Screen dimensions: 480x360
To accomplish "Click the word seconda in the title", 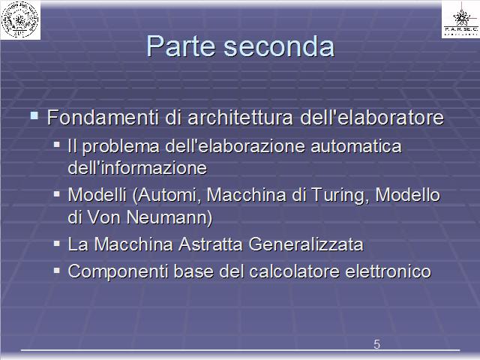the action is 279,46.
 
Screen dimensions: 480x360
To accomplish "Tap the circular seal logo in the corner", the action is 20,19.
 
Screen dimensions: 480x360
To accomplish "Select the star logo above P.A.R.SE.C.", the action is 462,16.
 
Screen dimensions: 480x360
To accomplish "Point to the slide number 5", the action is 376,344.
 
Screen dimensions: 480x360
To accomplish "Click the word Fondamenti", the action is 103,117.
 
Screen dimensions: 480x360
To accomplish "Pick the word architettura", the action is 240,117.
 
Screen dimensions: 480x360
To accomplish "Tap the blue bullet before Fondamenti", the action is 34,115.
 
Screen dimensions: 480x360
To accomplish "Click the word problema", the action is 121,147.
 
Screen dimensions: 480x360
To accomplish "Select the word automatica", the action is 356,146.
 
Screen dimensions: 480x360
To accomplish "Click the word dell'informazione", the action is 137,168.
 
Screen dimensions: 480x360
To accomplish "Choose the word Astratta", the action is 211,244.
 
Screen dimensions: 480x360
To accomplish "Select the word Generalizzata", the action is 306,244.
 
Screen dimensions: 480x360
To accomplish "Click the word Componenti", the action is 118,271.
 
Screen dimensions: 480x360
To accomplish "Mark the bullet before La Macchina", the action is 57,244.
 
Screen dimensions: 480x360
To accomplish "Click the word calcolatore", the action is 295,271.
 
